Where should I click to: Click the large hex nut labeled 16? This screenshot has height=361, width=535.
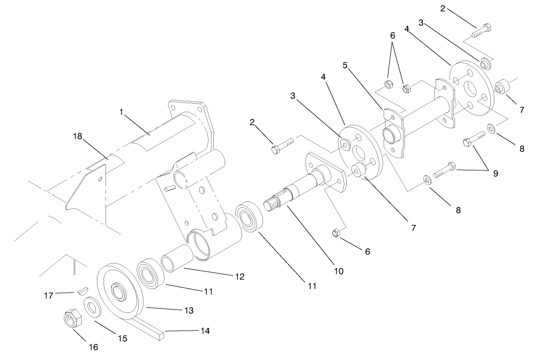point(72,319)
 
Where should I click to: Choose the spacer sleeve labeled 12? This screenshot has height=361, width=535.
point(176,263)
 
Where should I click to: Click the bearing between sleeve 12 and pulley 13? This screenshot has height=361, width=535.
point(150,273)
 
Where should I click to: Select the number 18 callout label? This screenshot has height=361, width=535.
point(78,136)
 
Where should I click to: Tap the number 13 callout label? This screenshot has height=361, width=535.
point(188,310)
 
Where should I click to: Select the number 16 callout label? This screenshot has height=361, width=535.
point(94,347)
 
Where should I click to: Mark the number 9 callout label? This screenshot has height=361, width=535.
point(495,173)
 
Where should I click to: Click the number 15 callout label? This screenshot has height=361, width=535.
point(123,339)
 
